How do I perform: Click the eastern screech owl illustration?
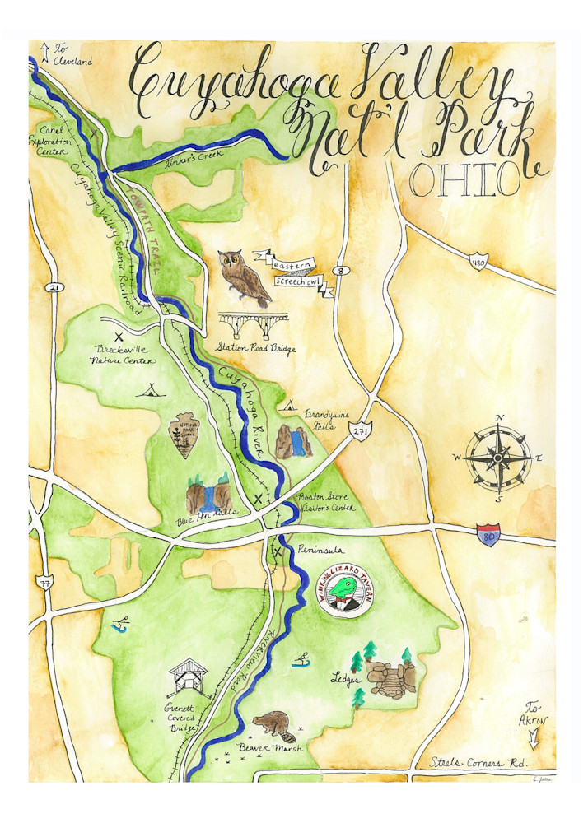pos(245,278)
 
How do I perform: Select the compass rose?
pos(498,456)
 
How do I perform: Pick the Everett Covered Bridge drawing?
pos(189,678)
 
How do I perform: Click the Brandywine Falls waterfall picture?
pos(294,442)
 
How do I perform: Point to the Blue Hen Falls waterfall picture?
pos(209,495)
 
